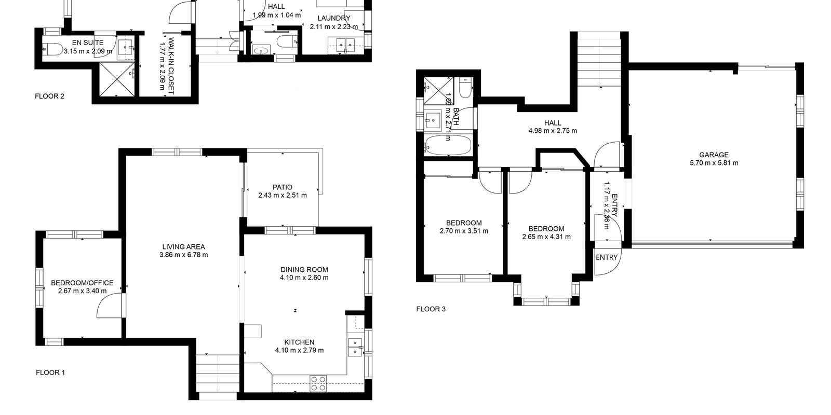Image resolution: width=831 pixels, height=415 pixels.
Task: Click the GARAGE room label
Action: [x=714, y=155]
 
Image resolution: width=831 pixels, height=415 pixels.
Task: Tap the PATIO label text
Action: [x=283, y=187]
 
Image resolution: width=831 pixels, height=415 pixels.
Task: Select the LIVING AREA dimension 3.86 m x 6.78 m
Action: [x=183, y=255]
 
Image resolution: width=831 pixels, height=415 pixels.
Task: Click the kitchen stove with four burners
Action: [x=318, y=383]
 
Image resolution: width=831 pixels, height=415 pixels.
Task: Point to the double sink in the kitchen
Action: [x=355, y=347]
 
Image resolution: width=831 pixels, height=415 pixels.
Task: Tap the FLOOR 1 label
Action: [x=50, y=372]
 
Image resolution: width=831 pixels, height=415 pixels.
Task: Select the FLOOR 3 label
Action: [x=431, y=309]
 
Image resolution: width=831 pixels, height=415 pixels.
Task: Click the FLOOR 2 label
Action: [x=49, y=96]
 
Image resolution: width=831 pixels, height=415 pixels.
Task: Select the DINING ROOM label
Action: [x=304, y=270]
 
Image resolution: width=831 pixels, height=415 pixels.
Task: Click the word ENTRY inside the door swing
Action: [x=607, y=257]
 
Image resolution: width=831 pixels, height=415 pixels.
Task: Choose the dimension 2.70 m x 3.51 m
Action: [x=464, y=231]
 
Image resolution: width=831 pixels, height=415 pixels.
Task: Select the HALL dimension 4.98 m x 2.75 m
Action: [x=553, y=131]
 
